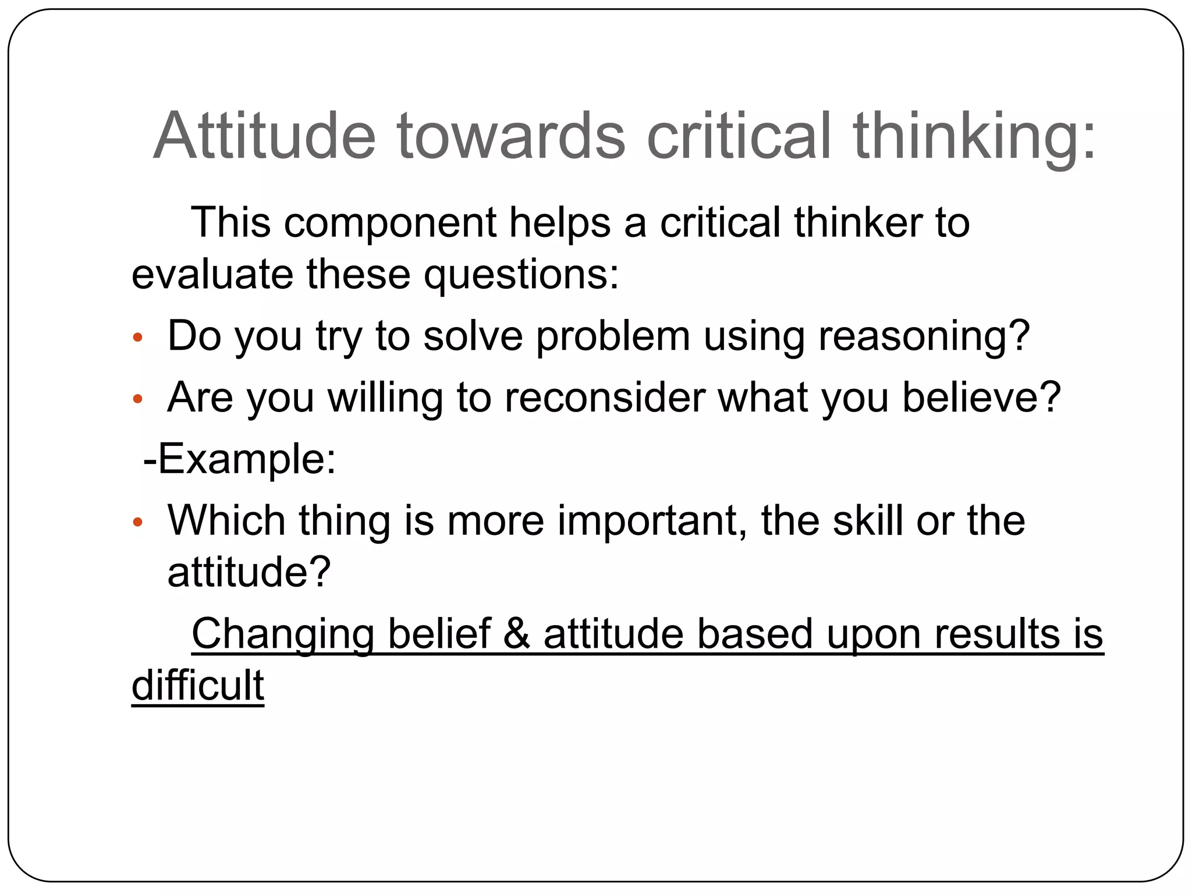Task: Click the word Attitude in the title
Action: pos(265,136)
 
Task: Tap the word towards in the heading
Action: pos(512,136)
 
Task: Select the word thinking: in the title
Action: pos(975,136)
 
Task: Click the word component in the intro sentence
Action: pos(390,223)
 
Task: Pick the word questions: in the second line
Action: pos(521,274)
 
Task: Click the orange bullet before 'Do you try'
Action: pos(138,338)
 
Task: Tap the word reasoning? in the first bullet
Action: pos(924,336)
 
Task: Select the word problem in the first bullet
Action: pos(612,336)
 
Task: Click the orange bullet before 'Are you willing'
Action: pos(138,399)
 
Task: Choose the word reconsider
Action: pos(604,398)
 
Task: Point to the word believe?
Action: pos(981,398)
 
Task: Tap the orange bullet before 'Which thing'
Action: pos(138,522)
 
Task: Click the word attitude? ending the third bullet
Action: pos(249,572)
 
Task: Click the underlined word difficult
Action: pos(198,686)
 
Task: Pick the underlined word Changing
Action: pos(283,634)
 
